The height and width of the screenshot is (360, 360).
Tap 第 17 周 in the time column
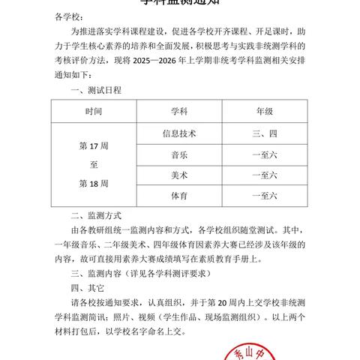coord(94,145)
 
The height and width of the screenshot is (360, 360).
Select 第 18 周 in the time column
coord(94,183)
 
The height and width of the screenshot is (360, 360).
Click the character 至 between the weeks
coord(94,164)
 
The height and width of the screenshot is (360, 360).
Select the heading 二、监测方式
coord(95,214)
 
